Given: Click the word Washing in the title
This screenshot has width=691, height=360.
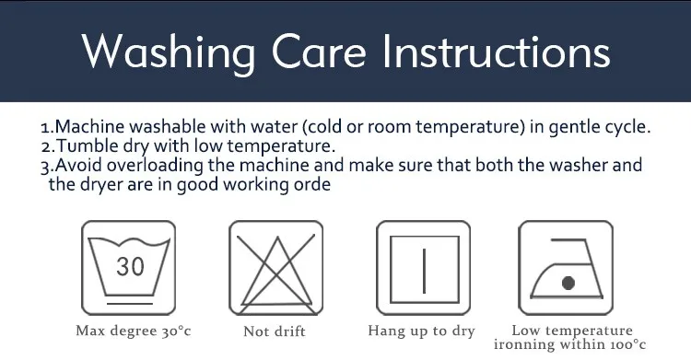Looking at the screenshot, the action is point(169,52).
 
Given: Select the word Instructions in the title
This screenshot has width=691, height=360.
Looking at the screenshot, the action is point(497,52).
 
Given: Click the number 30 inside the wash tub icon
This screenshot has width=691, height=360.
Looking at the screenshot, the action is point(131,266).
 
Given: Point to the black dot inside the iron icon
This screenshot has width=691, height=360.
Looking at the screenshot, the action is point(568,283).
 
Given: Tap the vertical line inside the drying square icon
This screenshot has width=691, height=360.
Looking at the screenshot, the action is point(424,271).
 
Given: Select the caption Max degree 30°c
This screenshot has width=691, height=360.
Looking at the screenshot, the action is point(134,331).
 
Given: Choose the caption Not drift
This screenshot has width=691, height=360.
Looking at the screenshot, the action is point(275,331).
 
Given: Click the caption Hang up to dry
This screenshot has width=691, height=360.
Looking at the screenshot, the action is point(422,331).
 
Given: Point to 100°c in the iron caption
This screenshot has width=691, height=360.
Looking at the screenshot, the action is point(627,344).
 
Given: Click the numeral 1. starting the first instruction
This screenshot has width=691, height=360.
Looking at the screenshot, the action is point(47,128).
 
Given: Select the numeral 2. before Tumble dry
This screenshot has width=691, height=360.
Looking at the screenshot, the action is point(49,146).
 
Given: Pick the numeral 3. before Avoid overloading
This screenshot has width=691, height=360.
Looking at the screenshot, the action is point(47,167).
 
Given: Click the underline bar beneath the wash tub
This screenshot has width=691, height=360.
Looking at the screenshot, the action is point(130,304).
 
